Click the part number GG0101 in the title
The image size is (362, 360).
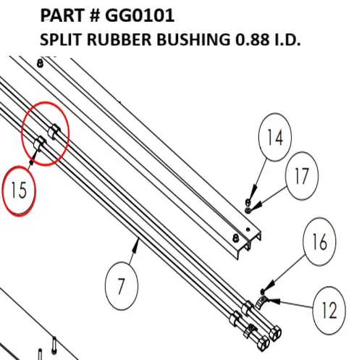(x=140, y=15)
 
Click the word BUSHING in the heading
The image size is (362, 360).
(x=193, y=39)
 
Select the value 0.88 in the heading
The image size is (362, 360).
(x=252, y=39)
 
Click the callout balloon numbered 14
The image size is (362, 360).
(x=275, y=137)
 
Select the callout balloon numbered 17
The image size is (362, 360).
(x=302, y=176)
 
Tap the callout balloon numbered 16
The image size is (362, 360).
(x=319, y=242)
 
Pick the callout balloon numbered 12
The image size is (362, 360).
(x=329, y=310)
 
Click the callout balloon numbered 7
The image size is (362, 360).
(x=122, y=286)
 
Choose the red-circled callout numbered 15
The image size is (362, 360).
(x=19, y=191)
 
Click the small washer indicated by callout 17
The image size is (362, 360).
(x=248, y=211)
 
